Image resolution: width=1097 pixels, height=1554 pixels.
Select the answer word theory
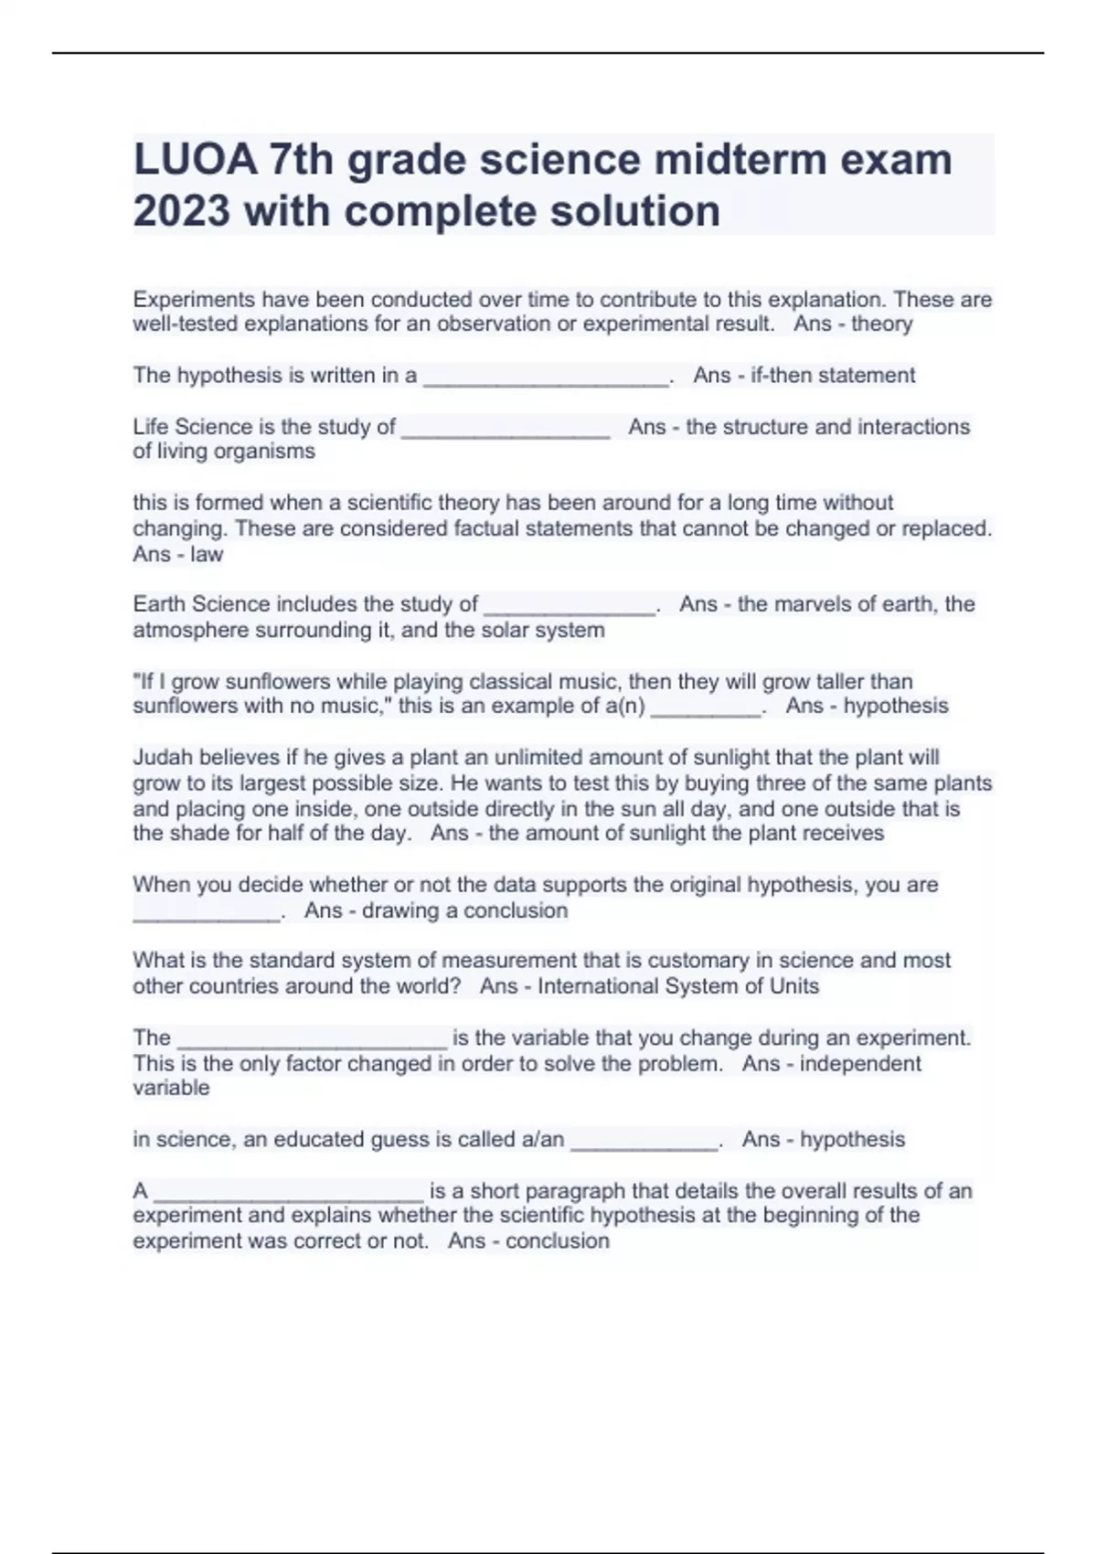(x=881, y=324)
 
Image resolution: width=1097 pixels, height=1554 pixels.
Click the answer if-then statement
(x=832, y=376)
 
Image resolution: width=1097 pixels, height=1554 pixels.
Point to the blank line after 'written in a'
(x=546, y=376)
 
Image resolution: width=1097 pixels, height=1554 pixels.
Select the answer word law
(x=207, y=554)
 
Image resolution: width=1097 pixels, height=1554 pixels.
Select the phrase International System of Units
(x=678, y=986)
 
